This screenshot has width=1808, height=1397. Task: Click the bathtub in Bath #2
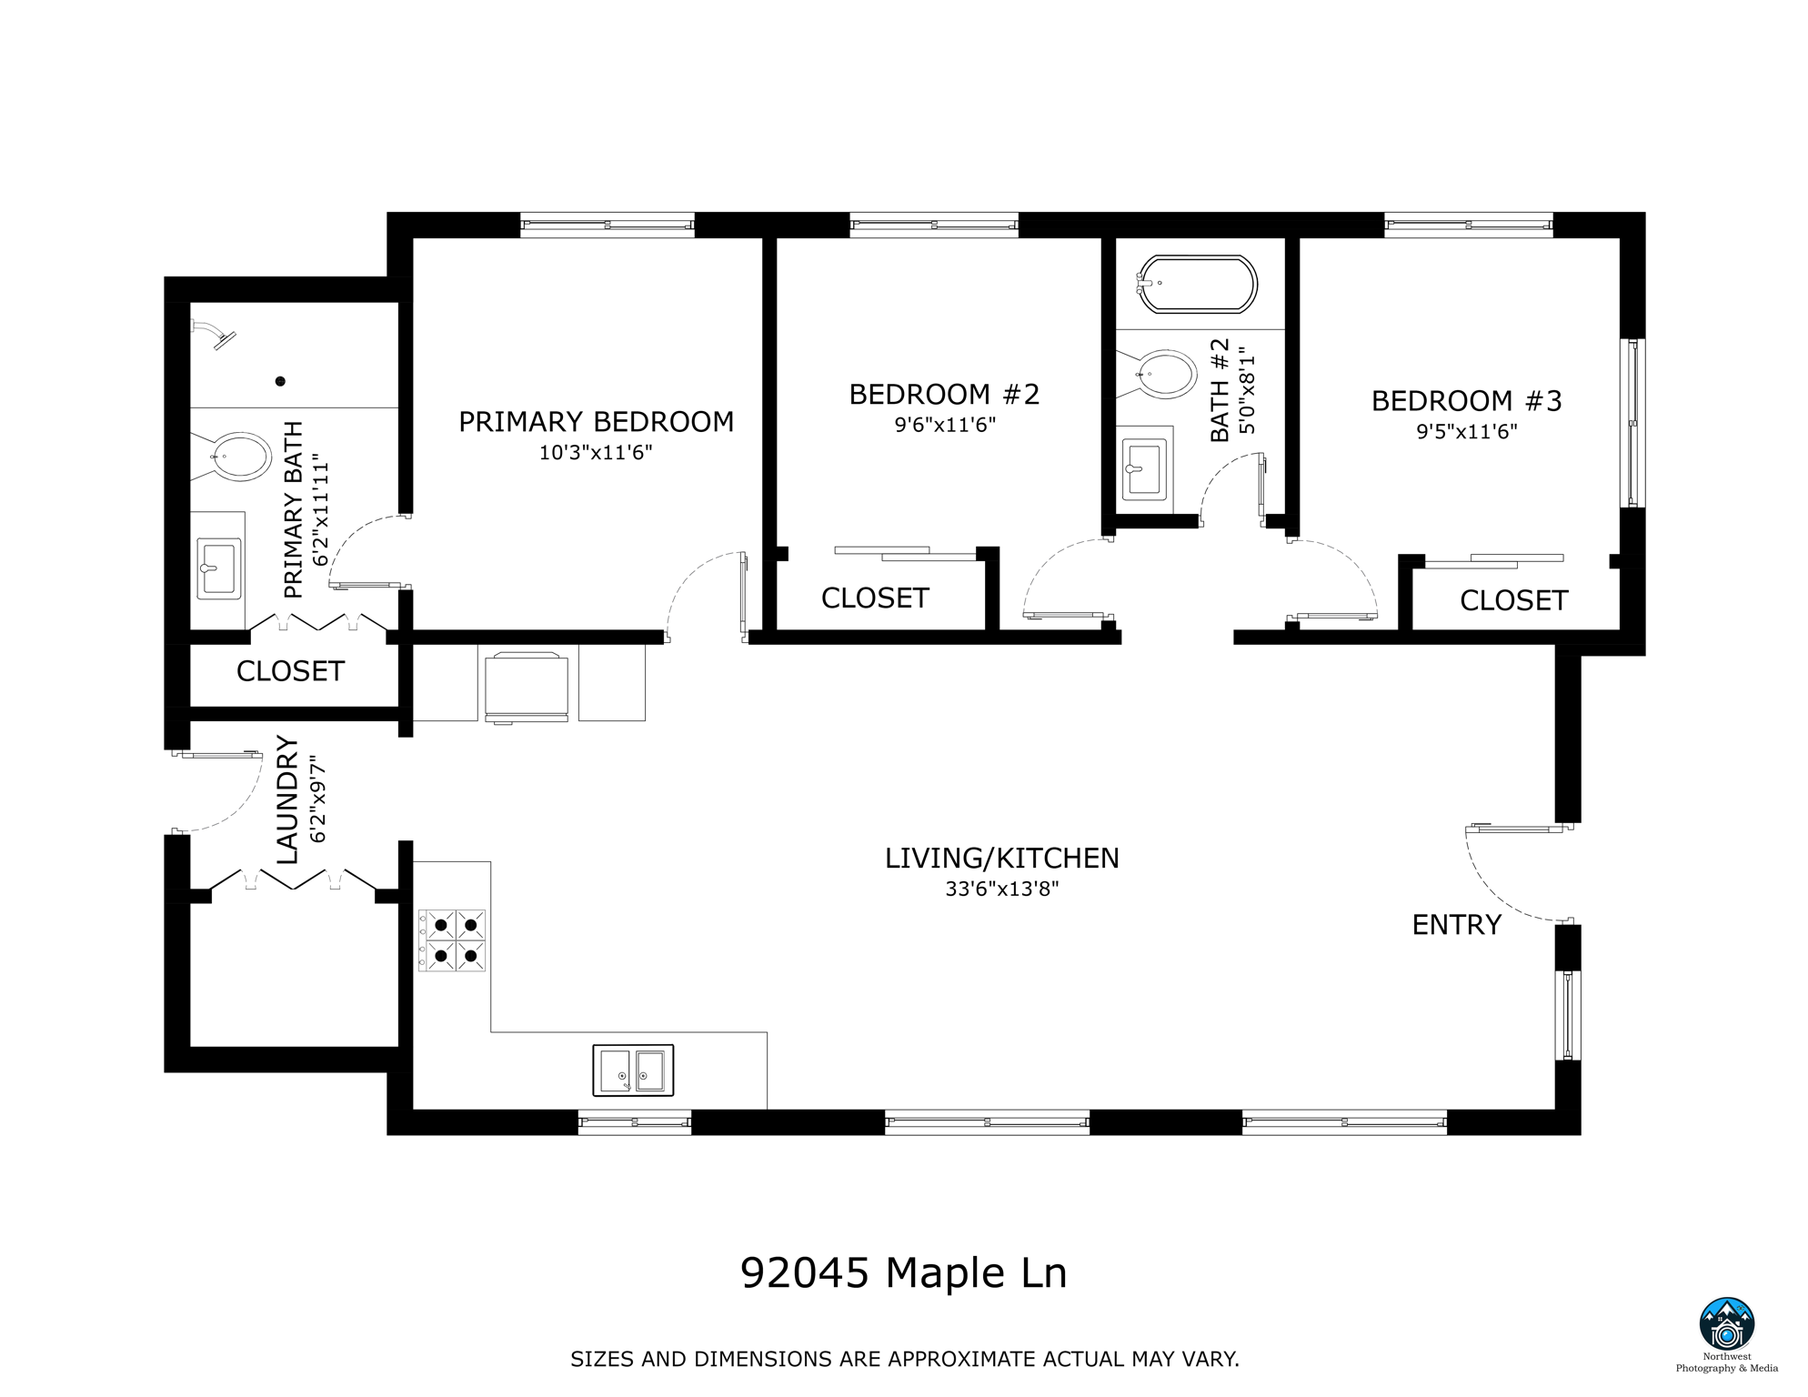(1199, 284)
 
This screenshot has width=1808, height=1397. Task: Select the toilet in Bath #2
(1166, 374)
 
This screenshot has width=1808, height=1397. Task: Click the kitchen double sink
(633, 1070)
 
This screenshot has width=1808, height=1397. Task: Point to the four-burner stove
(452, 940)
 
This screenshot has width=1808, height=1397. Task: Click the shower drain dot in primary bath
(281, 381)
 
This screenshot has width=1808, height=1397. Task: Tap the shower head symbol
(218, 335)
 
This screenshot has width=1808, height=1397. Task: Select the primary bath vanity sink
(218, 568)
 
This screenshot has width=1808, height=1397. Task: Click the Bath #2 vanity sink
(1145, 469)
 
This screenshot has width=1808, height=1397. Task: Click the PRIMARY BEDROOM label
(596, 422)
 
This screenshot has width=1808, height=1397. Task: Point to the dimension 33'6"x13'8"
(1001, 889)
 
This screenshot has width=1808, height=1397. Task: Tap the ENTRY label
(1456, 925)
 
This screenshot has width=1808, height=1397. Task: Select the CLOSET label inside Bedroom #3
(1513, 600)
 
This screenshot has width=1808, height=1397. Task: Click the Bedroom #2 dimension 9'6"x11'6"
(945, 425)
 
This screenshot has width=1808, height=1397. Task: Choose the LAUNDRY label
(287, 800)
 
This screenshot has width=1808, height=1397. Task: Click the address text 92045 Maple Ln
(903, 1273)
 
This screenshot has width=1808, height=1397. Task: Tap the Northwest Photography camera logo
(1726, 1324)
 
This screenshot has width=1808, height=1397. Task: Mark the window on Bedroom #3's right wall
(1633, 423)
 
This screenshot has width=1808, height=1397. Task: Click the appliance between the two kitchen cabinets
(527, 687)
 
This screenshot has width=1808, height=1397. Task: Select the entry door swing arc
(1492, 891)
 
